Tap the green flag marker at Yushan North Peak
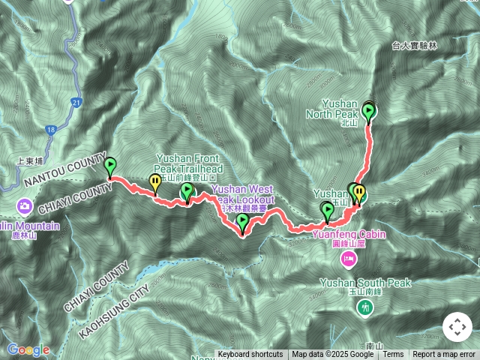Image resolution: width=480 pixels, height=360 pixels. tap(368, 112)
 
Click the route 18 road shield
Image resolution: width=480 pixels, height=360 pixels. tap(50, 130)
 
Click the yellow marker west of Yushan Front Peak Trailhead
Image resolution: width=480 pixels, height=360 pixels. tap(155, 182)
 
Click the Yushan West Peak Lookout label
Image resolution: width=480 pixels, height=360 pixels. tap(244, 195)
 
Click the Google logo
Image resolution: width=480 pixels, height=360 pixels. tap(28, 349)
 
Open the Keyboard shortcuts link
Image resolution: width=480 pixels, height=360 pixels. tap(250, 355)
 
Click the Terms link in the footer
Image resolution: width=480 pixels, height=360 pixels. tap(394, 355)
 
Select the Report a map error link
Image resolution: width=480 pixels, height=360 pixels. tap(444, 355)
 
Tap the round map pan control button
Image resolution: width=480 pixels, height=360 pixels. tap(457, 327)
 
